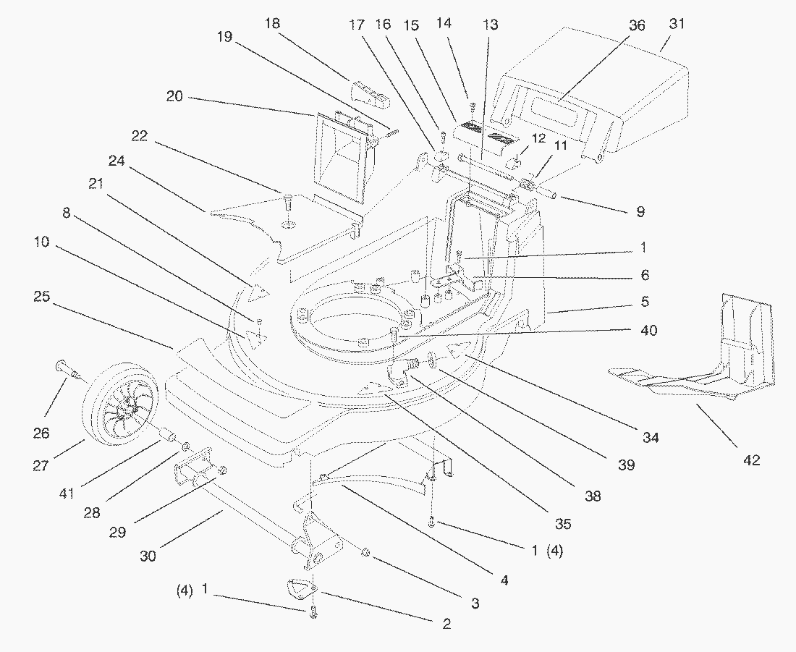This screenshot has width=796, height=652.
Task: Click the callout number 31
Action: (x=676, y=24)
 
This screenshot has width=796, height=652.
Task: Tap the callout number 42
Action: (x=752, y=460)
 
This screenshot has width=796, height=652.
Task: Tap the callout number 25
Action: (x=41, y=296)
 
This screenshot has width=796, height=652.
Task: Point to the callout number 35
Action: (x=562, y=523)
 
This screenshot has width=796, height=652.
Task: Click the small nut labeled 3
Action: (x=366, y=553)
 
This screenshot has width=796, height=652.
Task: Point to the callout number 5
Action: (x=644, y=300)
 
